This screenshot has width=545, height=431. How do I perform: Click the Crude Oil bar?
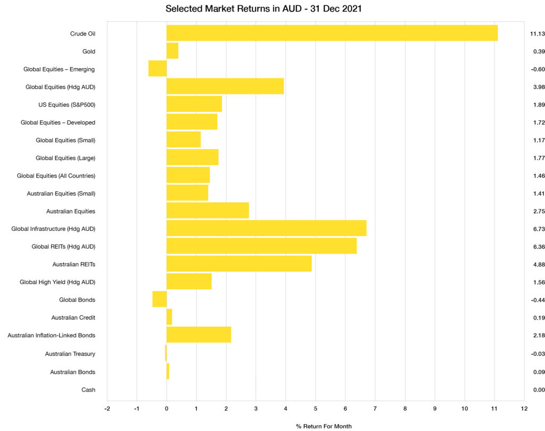332,33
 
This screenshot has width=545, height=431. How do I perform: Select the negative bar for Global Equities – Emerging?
158,69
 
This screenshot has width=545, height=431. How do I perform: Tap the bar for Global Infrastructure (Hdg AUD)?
266,229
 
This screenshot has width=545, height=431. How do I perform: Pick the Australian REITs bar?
239,264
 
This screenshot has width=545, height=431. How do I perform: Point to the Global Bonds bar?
160,299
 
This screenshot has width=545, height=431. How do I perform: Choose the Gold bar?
172,51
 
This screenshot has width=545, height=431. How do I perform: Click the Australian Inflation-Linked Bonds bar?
199,335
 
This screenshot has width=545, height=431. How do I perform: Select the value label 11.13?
537,34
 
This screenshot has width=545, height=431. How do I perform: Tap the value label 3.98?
537,87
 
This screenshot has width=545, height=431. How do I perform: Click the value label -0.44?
536,300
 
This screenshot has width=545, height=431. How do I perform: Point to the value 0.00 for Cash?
537,390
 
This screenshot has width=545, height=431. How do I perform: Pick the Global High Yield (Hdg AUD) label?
57,282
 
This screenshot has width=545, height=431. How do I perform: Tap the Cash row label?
88,389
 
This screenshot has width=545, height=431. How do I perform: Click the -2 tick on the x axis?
107,409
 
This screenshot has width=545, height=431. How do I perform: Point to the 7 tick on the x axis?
375,409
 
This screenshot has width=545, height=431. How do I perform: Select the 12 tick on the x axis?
524,409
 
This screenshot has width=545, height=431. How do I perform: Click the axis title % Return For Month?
324,426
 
